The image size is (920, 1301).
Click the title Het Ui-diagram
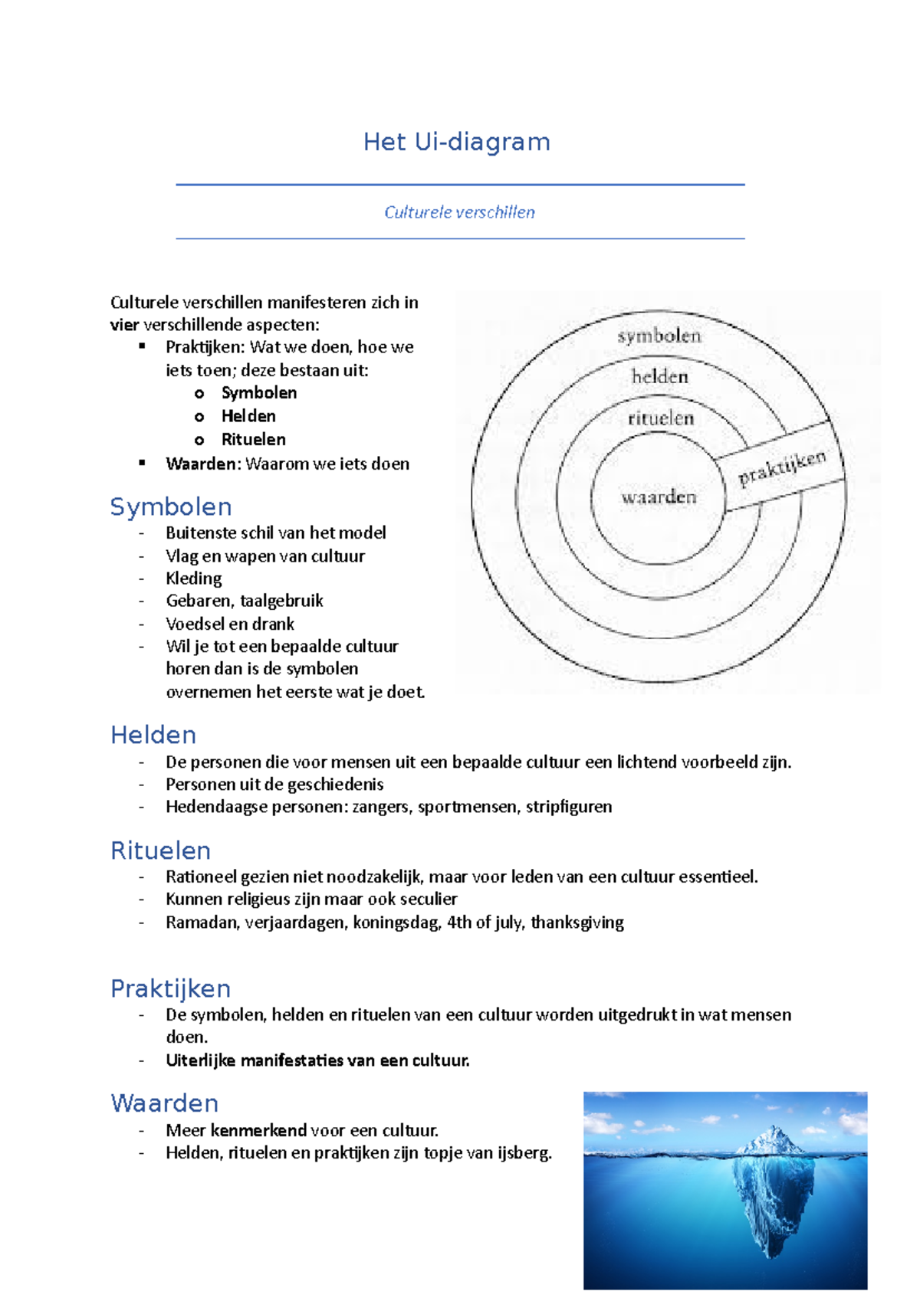[457, 142]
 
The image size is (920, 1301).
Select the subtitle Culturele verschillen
[459, 212]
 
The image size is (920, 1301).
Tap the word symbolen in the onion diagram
[659, 336]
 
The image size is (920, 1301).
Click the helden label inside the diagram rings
[659, 376]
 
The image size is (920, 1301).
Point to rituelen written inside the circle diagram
[660, 418]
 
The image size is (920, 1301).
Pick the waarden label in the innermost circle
[659, 497]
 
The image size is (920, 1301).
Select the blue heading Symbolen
[170, 506]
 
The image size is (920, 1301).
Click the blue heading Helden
[153, 735]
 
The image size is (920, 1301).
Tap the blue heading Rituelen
[160, 850]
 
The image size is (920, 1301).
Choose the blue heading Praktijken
[170, 988]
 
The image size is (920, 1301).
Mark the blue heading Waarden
[164, 1103]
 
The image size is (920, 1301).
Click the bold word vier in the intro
[124, 325]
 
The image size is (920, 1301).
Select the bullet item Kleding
[193, 578]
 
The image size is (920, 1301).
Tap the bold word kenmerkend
[258, 1130]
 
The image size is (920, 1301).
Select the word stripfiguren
[568, 807]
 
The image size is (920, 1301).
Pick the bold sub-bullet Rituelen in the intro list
[253, 440]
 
